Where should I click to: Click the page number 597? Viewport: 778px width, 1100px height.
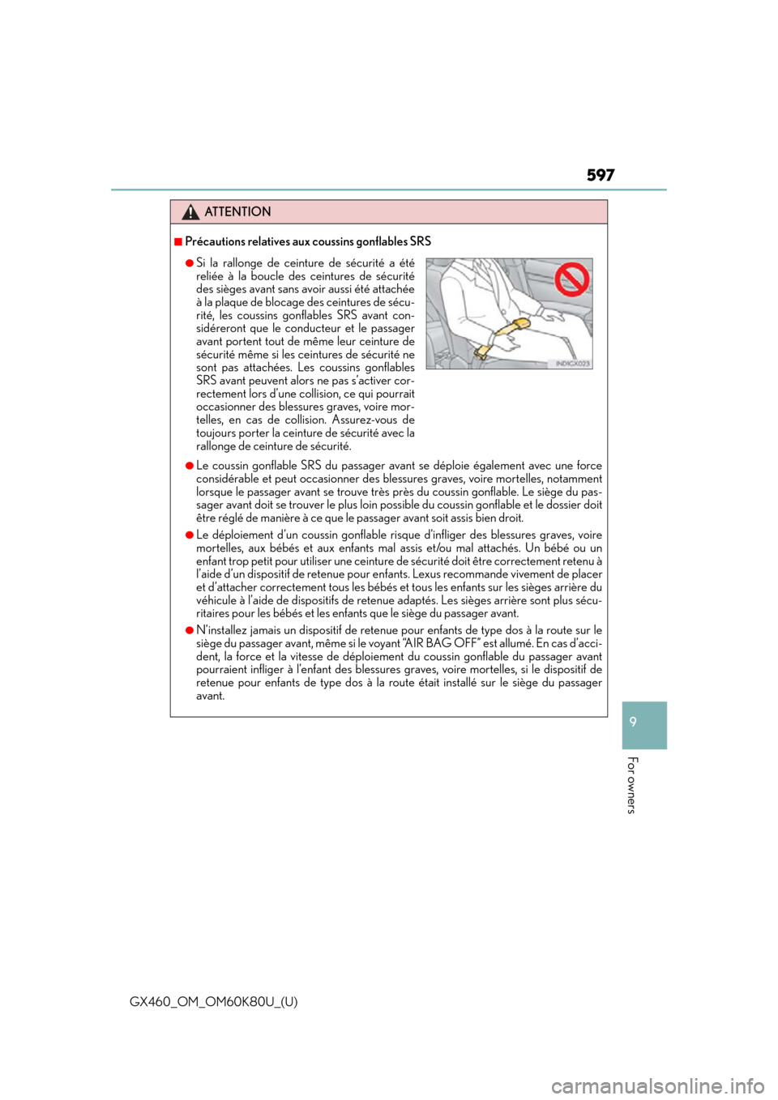pos(601,175)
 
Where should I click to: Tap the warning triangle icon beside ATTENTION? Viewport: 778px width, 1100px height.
pos(190,212)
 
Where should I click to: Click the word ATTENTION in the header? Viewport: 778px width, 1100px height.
pos(237,211)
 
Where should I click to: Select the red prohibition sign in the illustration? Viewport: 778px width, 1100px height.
pos(571,279)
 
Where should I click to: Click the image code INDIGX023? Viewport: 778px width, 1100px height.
pos(573,364)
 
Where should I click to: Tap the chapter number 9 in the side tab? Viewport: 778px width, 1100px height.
pos(633,722)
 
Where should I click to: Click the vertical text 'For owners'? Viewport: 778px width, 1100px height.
pos(633,785)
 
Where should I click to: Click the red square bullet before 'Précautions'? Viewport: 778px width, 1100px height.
pos(177,241)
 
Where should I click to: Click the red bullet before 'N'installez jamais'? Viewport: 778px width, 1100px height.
pos(189,630)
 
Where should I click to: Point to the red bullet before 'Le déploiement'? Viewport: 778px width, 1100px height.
pos(189,535)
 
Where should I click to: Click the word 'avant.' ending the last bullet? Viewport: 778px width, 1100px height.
pos(210,697)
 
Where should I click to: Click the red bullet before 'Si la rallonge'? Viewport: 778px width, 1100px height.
pos(189,263)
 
